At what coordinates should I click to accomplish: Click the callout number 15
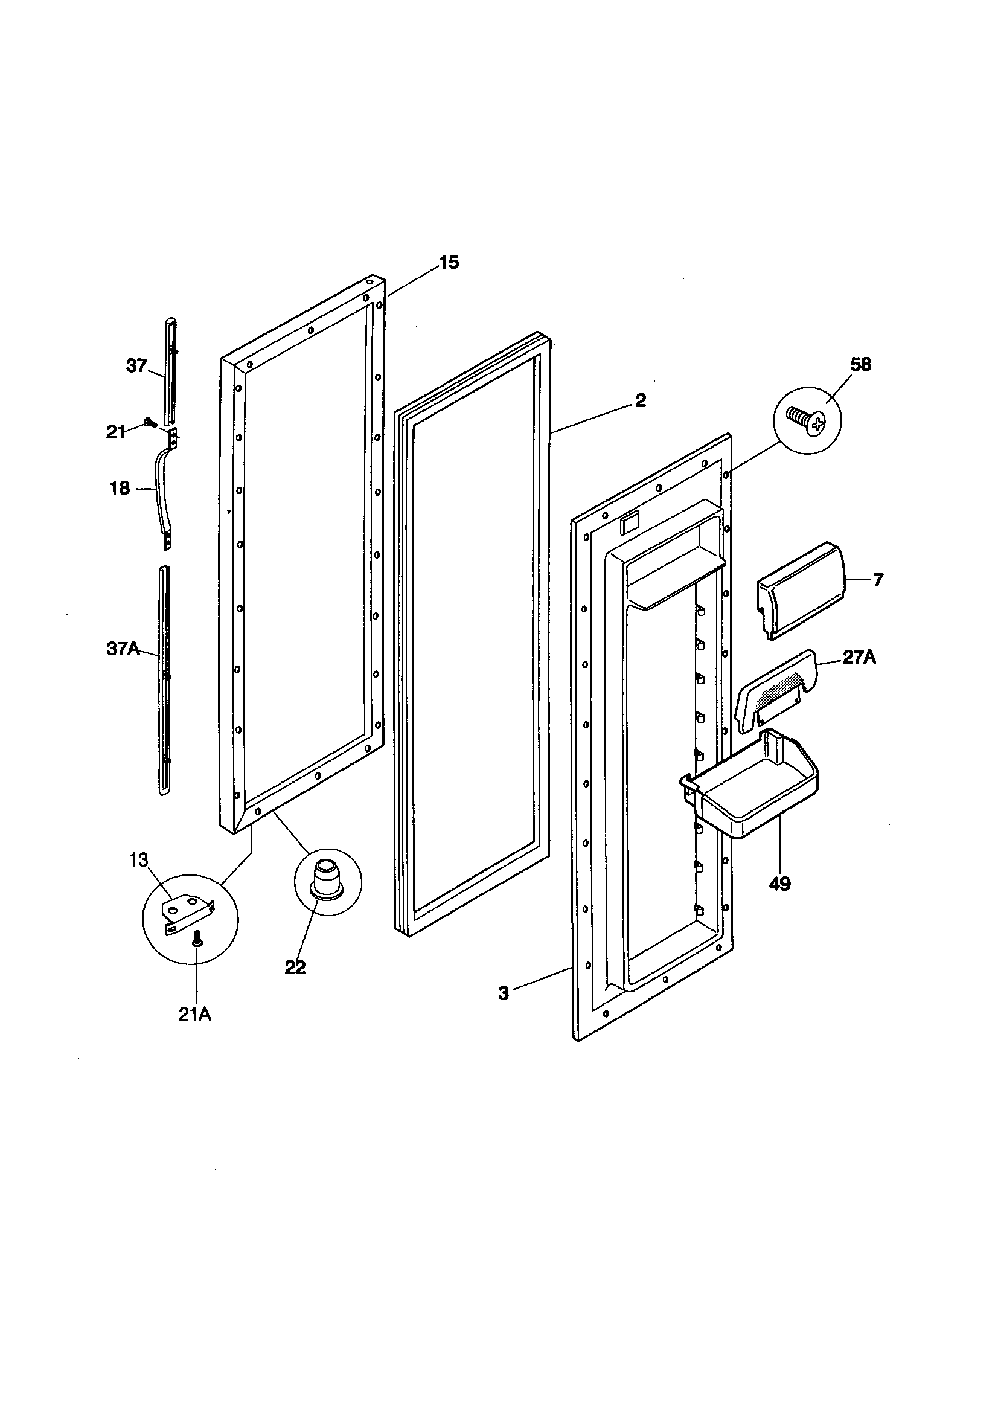coord(449,263)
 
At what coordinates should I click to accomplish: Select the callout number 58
coord(860,365)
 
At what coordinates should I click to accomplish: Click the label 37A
coord(123,649)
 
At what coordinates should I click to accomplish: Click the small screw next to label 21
coord(148,422)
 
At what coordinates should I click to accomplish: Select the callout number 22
coord(295,968)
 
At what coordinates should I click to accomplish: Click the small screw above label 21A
coord(197,938)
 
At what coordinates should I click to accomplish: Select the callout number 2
coord(640,401)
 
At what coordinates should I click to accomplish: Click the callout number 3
coord(504,993)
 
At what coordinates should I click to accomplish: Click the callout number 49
coord(780,884)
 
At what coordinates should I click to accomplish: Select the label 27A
coord(859,658)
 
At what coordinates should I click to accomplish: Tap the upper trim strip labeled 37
coord(170,369)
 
